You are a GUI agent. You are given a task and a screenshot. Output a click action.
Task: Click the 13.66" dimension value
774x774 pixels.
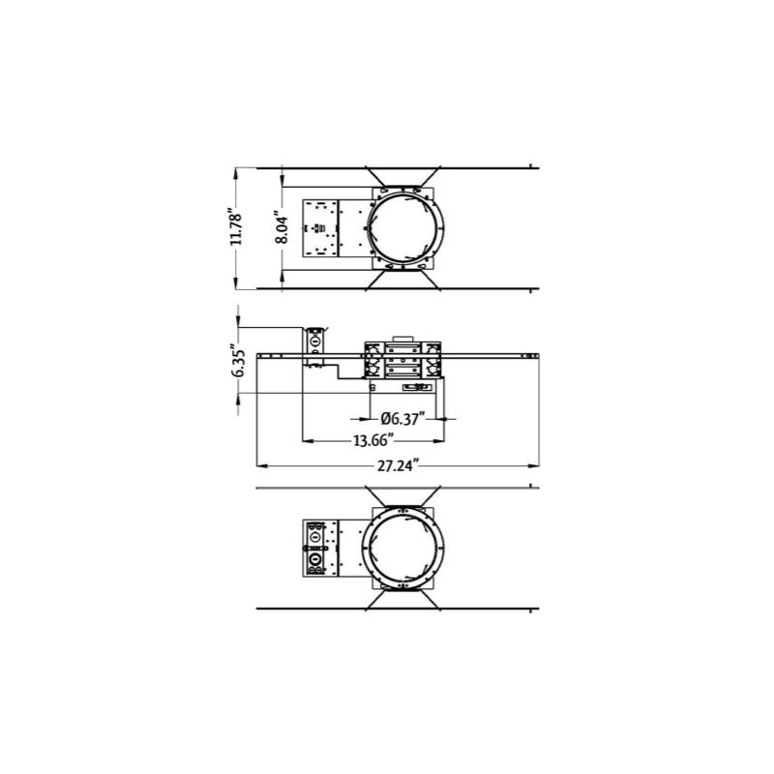pyautogui.click(x=372, y=441)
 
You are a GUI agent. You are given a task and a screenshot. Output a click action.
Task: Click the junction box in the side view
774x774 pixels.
pyautogui.click(x=313, y=348)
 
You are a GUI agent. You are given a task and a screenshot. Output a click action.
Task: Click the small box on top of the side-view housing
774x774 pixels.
pyautogui.click(x=401, y=342)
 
